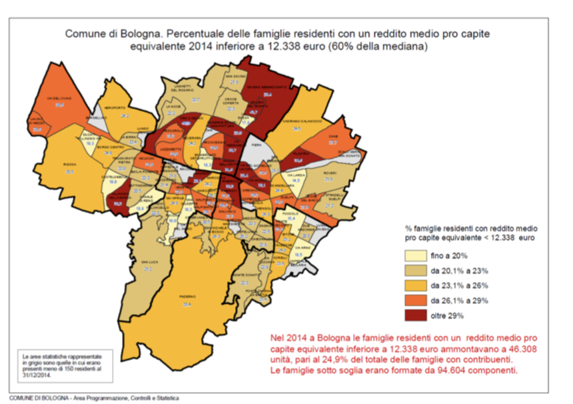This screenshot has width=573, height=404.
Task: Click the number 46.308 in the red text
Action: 515,348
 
